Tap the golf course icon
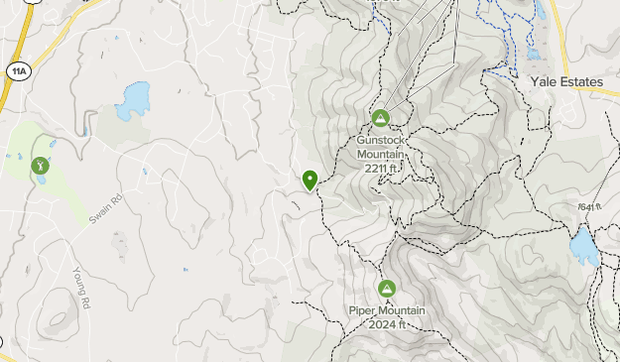tap(40, 166)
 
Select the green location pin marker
tap(310, 180)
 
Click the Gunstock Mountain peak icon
tap(380, 119)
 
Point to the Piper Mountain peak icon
tap(387, 289)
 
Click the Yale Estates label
tap(566, 81)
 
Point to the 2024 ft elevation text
tap(387, 323)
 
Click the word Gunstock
tap(381, 141)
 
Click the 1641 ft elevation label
tap(590, 207)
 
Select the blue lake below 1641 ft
tap(583, 246)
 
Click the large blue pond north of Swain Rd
tap(132, 101)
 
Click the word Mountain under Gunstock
tap(381, 155)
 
